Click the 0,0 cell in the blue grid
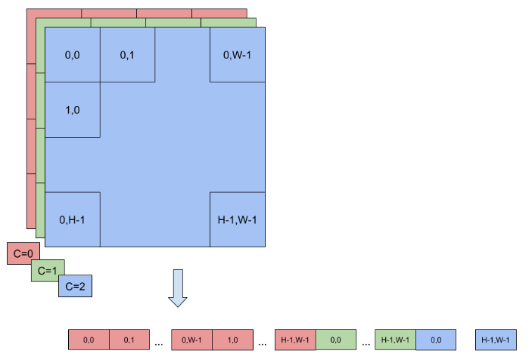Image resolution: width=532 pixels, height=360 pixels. point(73,54)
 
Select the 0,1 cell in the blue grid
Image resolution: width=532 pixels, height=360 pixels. point(127,54)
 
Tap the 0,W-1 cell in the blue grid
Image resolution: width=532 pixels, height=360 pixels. point(238,54)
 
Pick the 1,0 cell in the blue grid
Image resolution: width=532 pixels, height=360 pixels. point(73,110)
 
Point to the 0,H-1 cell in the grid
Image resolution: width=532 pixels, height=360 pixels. point(73,219)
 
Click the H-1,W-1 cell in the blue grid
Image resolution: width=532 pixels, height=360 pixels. point(238,219)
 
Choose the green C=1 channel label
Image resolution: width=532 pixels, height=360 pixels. point(48,270)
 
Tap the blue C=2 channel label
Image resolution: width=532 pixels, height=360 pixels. point(75,286)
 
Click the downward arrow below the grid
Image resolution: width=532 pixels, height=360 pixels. point(178,288)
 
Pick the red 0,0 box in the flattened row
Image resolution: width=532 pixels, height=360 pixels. point(89,340)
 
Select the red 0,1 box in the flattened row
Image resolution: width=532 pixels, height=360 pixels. point(129,340)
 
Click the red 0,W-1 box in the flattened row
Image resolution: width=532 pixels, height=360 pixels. point(191,340)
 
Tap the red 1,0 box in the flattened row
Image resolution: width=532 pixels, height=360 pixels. point(232,340)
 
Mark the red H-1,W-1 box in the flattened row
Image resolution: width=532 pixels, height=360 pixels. point(295,340)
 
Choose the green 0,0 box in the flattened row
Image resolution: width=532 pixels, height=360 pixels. point(336,340)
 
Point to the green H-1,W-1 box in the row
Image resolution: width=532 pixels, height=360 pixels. point(395,340)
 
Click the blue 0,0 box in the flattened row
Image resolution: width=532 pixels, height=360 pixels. point(436,340)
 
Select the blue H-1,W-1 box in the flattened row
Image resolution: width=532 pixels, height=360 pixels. point(496,340)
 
